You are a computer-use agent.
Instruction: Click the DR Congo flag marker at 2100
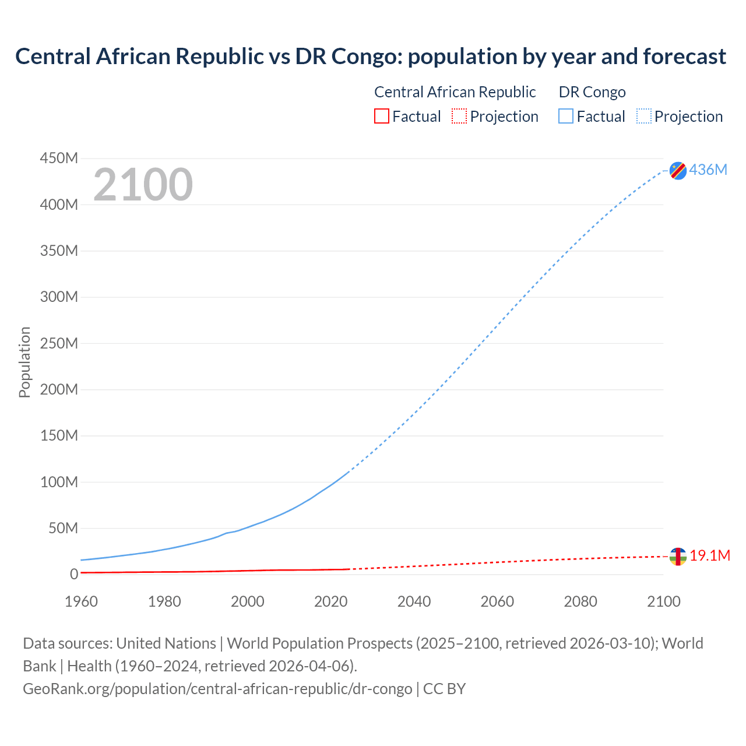coord(678,170)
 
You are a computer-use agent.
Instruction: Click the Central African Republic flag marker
coord(678,557)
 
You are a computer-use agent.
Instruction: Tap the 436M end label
coord(708,170)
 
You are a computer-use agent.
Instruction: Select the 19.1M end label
coord(710,555)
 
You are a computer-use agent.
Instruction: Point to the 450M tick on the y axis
coord(59,158)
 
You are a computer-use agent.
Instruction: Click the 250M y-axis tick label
coord(59,343)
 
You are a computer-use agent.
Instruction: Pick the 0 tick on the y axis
coord(74,574)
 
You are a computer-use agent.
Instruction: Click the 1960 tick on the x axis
coord(81,601)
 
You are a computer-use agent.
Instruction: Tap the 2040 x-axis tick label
coord(414,601)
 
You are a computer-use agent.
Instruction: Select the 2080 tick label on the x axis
coord(580,601)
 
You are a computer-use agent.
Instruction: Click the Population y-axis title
coord(24,362)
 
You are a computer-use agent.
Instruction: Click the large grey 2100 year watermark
coord(143,185)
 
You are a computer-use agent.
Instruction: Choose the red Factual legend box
coord(381,116)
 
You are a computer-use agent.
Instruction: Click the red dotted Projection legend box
coord(459,116)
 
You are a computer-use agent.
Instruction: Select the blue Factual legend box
coord(565,116)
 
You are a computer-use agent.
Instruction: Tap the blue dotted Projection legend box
coord(643,116)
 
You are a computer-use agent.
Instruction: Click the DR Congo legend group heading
coord(592,92)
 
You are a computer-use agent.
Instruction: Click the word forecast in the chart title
coord(684,57)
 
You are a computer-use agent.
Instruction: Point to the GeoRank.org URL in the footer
coord(217,689)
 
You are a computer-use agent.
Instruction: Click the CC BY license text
coord(444,689)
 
